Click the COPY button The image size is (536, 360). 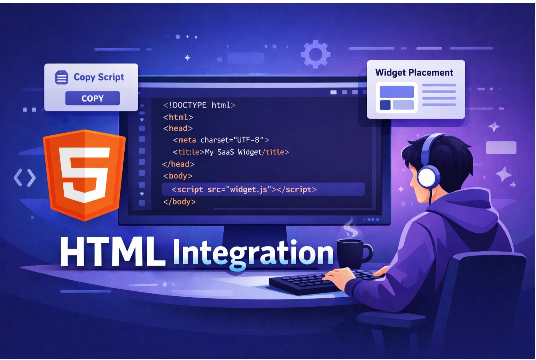point(92,99)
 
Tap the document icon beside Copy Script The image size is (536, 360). point(62,77)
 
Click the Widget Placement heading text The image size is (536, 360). point(414,72)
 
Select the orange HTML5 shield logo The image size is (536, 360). point(84,174)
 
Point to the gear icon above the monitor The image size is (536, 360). point(315,54)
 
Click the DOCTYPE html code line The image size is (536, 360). point(199,105)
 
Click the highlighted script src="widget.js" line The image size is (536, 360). point(244,189)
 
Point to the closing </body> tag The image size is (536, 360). point(179,202)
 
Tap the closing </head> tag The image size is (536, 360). point(178,164)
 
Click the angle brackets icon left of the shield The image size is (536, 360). point(24,178)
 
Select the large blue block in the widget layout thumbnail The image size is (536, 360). point(396,92)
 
